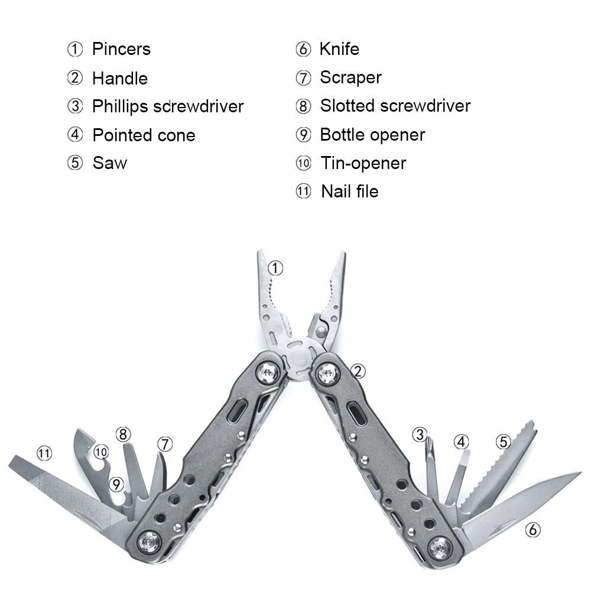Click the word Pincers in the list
click(121, 49)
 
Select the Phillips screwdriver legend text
click(168, 106)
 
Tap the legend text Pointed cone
click(144, 135)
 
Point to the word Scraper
click(350, 77)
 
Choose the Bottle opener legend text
click(372, 135)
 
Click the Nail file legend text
click(350, 191)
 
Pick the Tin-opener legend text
click(363, 163)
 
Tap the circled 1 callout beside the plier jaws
click(275, 268)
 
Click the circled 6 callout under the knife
click(532, 530)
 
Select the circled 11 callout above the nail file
click(44, 453)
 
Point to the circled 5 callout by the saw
click(503, 441)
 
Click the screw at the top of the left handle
click(267, 373)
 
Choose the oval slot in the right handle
click(356, 414)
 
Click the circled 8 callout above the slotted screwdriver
click(123, 434)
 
